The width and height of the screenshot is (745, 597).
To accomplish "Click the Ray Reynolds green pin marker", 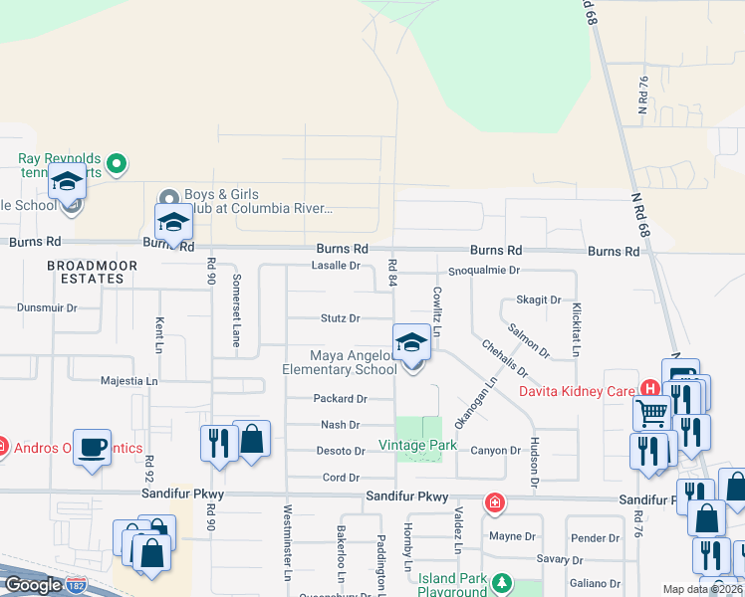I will (117, 163).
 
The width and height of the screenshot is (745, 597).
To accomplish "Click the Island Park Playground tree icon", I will (503, 582).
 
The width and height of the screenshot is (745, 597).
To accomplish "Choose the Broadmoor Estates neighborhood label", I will (86, 272).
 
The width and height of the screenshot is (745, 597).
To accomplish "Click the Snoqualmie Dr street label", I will (485, 271).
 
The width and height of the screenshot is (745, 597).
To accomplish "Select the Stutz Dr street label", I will (340, 318).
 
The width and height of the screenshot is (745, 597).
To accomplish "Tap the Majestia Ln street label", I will (129, 381).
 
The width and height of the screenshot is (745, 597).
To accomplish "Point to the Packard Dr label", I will (341, 399).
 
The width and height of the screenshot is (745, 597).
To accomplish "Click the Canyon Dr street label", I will (496, 451).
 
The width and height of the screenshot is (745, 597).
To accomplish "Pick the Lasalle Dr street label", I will (336, 266).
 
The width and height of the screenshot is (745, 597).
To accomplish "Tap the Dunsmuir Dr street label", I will (47, 307).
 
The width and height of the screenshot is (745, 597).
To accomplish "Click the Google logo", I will (32, 585).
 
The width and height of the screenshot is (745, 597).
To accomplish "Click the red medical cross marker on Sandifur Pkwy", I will (493, 504).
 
